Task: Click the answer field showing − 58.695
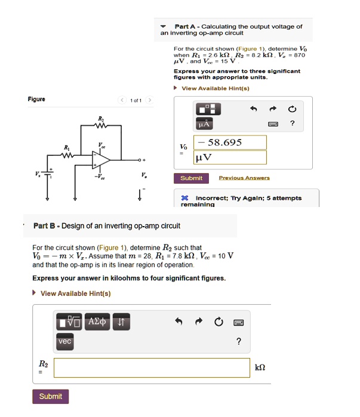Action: (230, 143)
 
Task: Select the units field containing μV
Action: (230, 157)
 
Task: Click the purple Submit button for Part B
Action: (51, 397)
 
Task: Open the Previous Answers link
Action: (244, 178)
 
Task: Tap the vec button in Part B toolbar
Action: (64, 342)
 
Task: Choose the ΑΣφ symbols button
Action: (97, 323)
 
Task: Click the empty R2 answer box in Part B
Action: (152, 367)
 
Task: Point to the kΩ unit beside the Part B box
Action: (260, 367)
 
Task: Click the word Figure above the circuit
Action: (35, 100)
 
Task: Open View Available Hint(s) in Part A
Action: (215, 88)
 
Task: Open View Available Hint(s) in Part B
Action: (75, 293)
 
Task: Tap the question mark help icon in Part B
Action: (239, 342)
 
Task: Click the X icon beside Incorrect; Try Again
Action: (185, 198)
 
